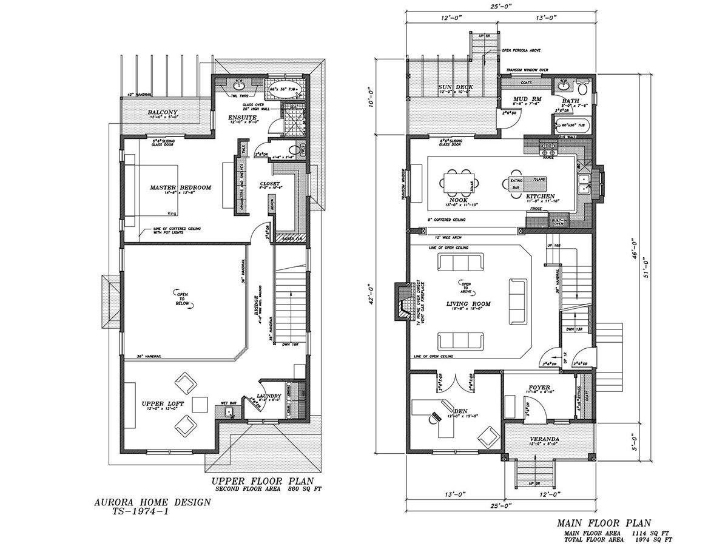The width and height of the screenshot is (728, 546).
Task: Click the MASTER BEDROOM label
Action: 180,187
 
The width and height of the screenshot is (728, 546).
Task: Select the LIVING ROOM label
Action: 468,304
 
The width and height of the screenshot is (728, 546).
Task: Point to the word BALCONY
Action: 161,112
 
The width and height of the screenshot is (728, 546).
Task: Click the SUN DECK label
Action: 456,87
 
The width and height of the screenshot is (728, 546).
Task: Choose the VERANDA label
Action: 544,439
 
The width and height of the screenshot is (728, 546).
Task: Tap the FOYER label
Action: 539,385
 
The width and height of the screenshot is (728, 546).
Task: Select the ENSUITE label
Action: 243,117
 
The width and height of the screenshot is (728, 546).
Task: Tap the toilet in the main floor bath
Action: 583,87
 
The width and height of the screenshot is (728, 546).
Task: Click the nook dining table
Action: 460,181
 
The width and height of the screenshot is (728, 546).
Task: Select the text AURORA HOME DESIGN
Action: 153,502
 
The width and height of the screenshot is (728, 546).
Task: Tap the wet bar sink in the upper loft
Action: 229,413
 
